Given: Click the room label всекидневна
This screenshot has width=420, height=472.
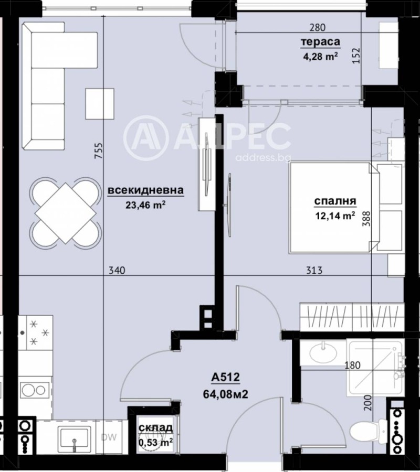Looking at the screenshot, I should pos(145,191).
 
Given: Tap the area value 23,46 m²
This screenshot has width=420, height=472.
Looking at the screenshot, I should pos(145,205).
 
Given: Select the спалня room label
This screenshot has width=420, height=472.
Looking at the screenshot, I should pos(335,200).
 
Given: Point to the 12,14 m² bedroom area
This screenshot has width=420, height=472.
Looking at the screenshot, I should pos(335,214).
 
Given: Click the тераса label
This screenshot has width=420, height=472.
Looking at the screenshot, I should pos(320,42).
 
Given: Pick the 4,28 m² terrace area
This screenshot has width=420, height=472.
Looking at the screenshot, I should pos(319,56).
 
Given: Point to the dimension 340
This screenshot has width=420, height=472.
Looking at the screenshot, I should pos(116,271).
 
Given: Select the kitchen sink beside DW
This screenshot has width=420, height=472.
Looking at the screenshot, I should pos(74,436).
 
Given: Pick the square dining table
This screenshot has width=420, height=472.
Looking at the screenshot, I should pos(65,212).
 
